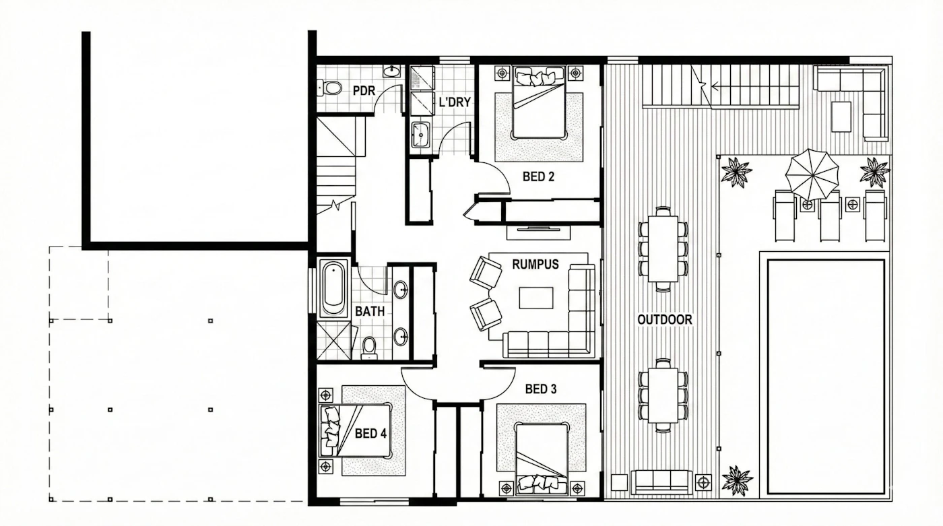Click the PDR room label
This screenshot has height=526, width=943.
pos(364,90)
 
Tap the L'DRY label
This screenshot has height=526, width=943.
pos(455,102)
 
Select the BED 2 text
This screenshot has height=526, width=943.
pos(538,176)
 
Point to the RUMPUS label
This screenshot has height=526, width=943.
pos(535,264)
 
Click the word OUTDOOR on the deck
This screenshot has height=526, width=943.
pos(665,319)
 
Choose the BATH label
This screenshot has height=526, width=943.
pos(370,311)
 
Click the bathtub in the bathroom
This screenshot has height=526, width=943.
pos(333,288)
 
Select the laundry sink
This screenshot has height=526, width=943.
pos(420,135)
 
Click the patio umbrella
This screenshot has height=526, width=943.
pos(812,175)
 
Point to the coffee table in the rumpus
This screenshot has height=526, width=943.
pos(536,298)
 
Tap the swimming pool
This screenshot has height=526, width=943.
pos(826,376)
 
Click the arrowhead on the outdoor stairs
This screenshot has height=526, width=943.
pos(715,87)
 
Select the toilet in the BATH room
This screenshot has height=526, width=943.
pos(370,348)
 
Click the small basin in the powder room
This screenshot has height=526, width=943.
pos(392,71)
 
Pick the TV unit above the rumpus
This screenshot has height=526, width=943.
pos(538,232)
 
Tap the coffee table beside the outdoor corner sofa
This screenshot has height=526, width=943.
pos(841,117)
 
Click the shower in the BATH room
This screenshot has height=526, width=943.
pos(333,341)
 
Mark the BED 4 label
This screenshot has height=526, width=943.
pos(370,434)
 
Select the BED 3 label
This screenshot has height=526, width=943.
pos(541,389)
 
